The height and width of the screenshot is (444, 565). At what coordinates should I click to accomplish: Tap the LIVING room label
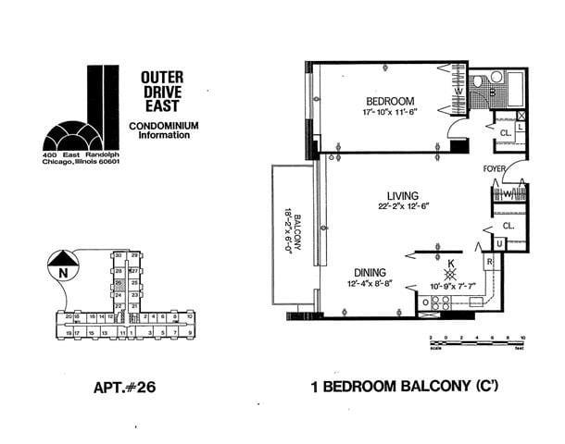coord(404,196)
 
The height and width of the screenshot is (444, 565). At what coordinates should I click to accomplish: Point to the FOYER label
coord(494,169)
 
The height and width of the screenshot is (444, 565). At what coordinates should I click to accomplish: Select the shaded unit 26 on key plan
coord(119,283)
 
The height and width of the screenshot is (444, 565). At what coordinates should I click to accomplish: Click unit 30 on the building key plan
coord(119,255)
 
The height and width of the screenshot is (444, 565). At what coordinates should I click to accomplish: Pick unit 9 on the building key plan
coord(189,331)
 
